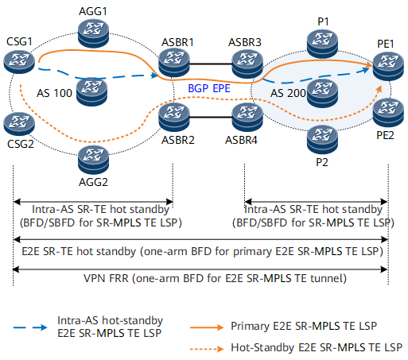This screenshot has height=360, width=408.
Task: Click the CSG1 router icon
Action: (x=19, y=62)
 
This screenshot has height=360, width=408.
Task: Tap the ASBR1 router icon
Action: (x=174, y=63)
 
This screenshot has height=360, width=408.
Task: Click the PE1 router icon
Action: (x=388, y=65)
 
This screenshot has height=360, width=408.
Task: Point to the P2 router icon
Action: (x=322, y=138)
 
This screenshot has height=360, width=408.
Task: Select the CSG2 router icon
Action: (x=19, y=123)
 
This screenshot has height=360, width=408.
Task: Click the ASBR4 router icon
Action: (x=247, y=116)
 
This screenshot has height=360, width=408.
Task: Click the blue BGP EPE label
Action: (x=209, y=88)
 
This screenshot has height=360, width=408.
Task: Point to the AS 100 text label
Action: (x=54, y=93)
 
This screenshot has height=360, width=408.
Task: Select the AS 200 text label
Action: (x=288, y=93)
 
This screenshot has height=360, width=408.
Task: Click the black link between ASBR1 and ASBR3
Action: (x=211, y=64)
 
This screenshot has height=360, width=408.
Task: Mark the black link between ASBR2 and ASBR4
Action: (x=211, y=117)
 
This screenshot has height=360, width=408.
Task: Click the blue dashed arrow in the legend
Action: (x=30, y=327)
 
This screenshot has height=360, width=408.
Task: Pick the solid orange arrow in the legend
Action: (x=207, y=327)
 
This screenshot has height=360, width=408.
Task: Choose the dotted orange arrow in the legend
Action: (x=207, y=349)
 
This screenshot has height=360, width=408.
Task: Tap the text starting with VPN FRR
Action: (x=215, y=278)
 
